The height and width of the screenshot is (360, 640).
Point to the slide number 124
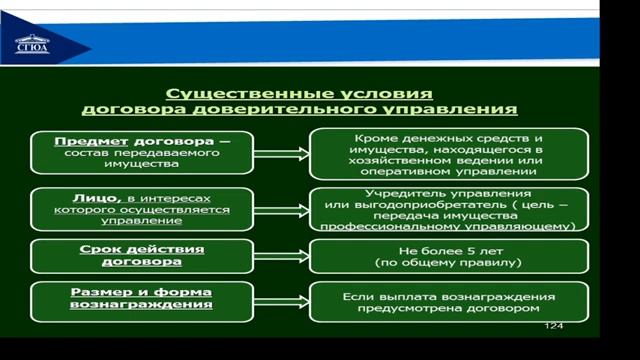[553, 327]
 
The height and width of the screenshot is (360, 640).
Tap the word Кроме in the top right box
[376, 136]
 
